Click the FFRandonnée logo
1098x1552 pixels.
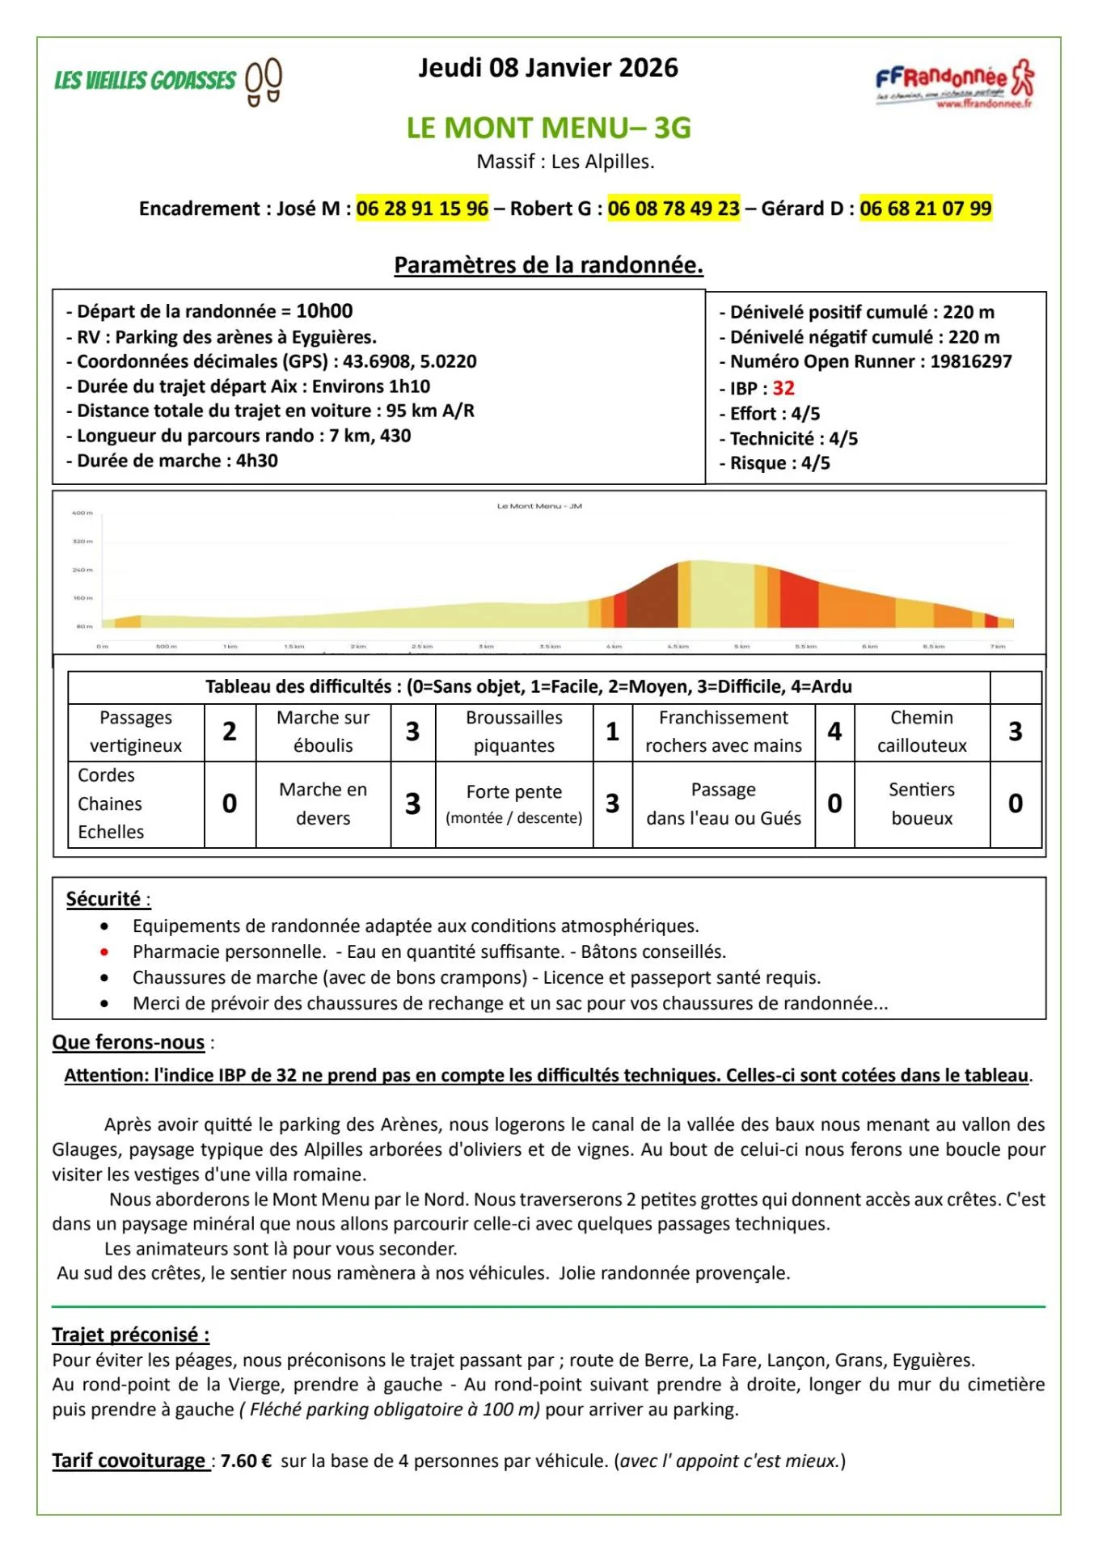click(x=954, y=82)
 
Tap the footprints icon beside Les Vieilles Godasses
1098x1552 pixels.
click(x=264, y=81)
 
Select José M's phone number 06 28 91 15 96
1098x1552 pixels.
click(x=422, y=209)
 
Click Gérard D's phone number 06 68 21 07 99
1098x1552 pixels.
click(x=925, y=209)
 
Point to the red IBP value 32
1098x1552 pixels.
click(x=783, y=388)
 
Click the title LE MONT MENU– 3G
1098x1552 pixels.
click(x=548, y=128)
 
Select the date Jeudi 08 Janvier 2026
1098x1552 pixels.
click(x=548, y=68)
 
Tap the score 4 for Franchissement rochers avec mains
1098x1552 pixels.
click(x=834, y=732)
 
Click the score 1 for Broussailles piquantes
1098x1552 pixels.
click(x=612, y=732)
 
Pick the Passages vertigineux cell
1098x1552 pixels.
click(x=136, y=732)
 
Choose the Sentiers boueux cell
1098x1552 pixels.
click(x=922, y=803)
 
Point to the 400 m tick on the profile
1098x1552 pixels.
click(x=82, y=512)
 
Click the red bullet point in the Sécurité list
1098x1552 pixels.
click(x=104, y=951)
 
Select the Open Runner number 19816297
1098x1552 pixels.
click(x=970, y=361)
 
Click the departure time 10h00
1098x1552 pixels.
click(x=324, y=311)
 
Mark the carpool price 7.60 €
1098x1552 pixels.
click(x=246, y=1461)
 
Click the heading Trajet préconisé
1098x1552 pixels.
click(x=130, y=1335)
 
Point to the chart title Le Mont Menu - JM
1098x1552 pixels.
click(x=539, y=506)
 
